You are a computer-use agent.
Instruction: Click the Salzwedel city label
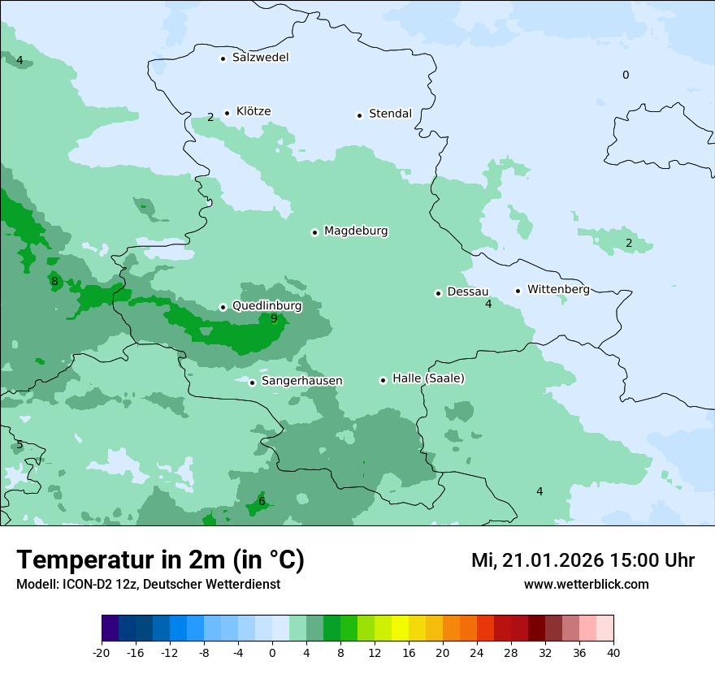click(x=260, y=58)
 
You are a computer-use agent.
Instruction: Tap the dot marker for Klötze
click(x=227, y=113)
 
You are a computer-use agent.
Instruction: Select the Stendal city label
click(x=390, y=114)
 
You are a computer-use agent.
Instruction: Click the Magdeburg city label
click(x=356, y=231)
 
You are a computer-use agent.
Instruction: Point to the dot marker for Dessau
click(x=438, y=293)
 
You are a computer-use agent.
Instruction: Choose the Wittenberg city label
click(x=558, y=289)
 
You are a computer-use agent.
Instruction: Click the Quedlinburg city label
click(x=266, y=306)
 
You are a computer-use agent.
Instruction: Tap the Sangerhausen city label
click(x=301, y=381)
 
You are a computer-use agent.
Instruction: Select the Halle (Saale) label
click(x=428, y=378)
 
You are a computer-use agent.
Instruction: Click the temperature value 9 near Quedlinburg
click(x=274, y=318)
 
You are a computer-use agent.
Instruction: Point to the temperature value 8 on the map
click(x=54, y=282)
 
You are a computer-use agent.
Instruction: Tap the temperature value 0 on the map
click(x=626, y=76)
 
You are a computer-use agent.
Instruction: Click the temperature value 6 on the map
click(x=262, y=502)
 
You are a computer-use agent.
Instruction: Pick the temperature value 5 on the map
click(x=19, y=445)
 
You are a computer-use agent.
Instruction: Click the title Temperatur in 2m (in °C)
click(x=160, y=560)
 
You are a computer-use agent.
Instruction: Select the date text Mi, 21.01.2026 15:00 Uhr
click(x=583, y=560)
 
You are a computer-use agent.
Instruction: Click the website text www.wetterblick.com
click(x=586, y=585)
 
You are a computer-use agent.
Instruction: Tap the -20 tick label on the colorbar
click(x=102, y=653)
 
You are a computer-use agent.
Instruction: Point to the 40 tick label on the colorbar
click(x=613, y=653)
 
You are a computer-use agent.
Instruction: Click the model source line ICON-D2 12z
click(x=148, y=585)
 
